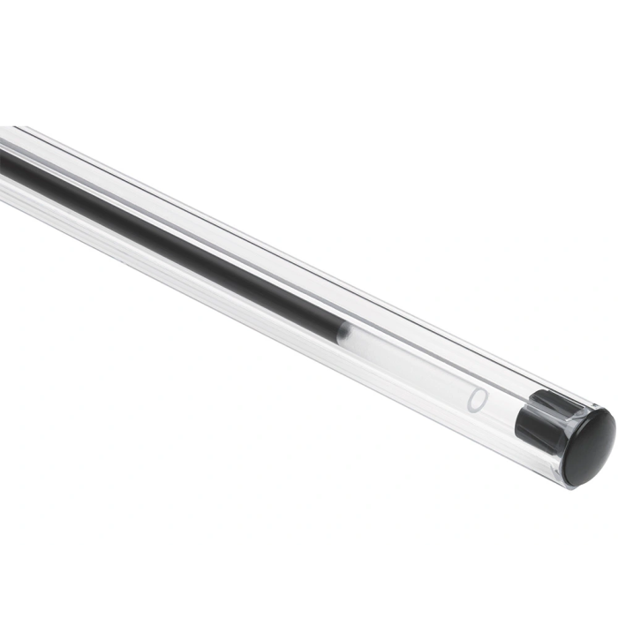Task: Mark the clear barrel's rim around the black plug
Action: tap(556, 468)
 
